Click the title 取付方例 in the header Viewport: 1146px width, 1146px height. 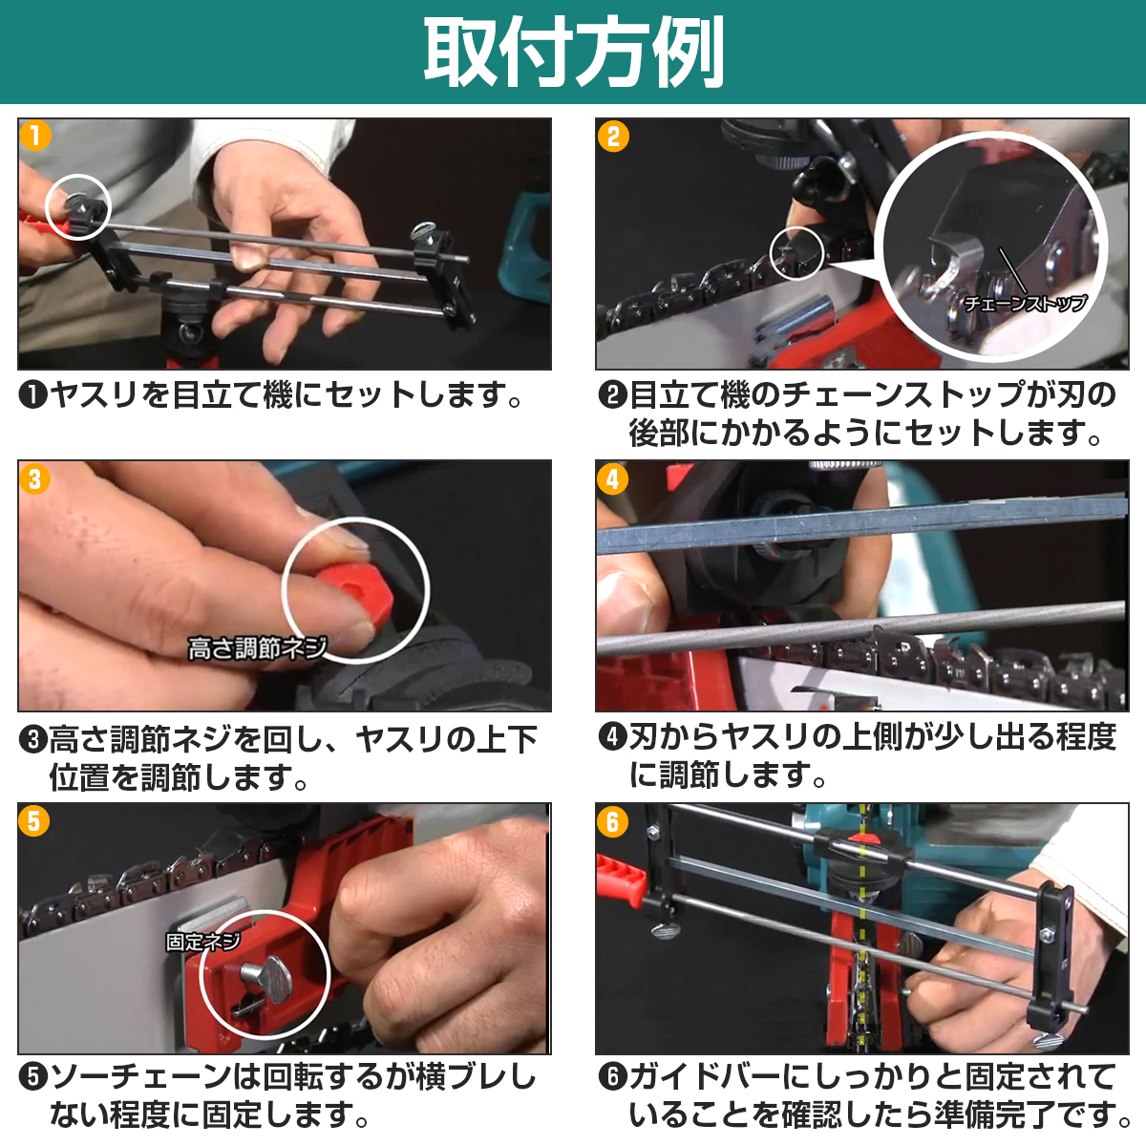pos(573,52)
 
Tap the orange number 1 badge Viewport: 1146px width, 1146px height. pos(35,136)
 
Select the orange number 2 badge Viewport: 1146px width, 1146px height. pos(613,137)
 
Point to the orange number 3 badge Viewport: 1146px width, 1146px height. pos(35,478)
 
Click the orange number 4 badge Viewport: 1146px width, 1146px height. pos(613,478)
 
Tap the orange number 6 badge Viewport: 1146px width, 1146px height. pos(613,822)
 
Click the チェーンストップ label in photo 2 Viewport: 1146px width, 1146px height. pos(1024,304)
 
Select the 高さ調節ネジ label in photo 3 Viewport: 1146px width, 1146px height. pos(257,647)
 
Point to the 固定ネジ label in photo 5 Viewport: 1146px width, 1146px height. pos(203,942)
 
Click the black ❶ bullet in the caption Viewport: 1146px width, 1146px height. pos(32,394)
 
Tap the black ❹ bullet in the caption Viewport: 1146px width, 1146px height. pos(612,737)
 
